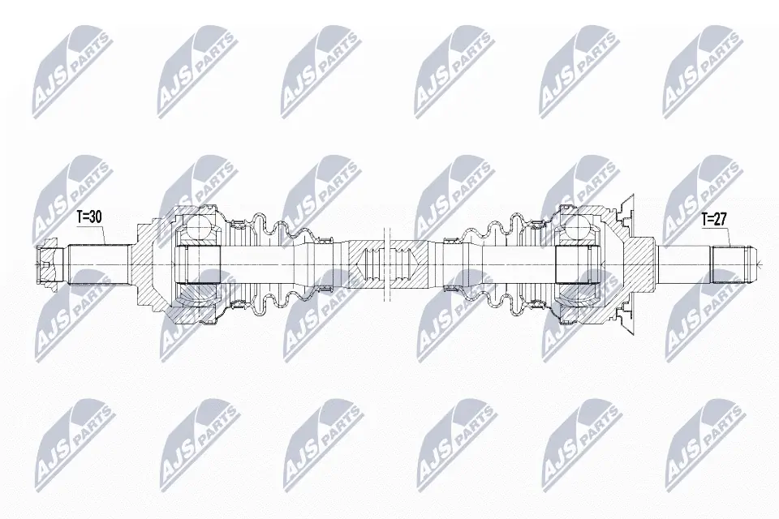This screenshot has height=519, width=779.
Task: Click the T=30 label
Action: pos(89,217)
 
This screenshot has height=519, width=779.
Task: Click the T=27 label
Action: pos(714,220)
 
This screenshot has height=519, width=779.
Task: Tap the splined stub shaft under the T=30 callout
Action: pos(98,264)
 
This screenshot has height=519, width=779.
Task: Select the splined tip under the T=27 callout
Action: pos(733,264)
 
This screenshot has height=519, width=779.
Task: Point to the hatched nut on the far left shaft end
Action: pos(48,264)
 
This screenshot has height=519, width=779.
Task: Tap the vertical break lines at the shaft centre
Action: pos(388,264)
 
